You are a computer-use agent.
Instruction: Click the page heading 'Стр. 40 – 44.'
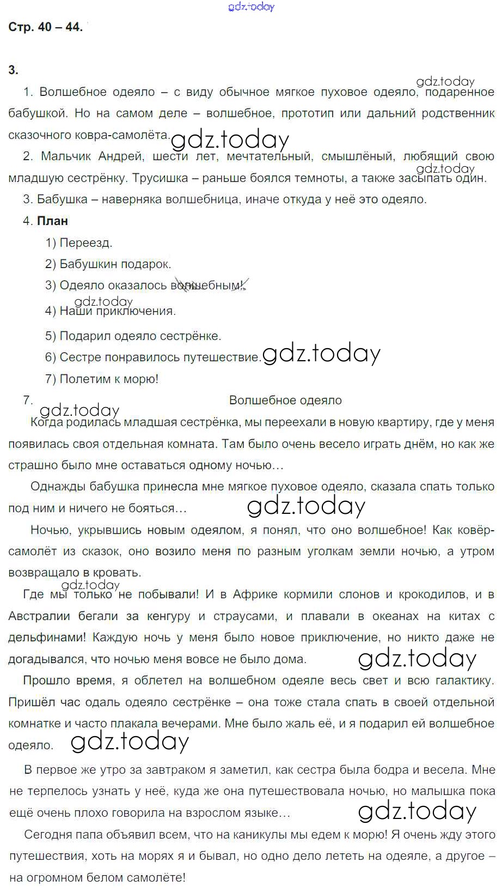(45, 27)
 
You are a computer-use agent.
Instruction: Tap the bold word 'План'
(52, 221)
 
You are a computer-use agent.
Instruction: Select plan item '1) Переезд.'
(78, 242)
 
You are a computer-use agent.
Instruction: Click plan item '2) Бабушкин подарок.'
(108, 264)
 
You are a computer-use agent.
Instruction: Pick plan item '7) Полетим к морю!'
(102, 379)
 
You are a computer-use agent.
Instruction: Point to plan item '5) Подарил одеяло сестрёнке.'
(133, 336)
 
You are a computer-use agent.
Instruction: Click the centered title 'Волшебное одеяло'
(285, 401)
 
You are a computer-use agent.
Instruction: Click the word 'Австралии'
(39, 616)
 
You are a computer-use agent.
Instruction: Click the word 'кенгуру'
(168, 616)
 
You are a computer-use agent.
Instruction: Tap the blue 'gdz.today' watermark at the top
(252, 7)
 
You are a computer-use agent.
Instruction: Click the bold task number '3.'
(14, 70)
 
